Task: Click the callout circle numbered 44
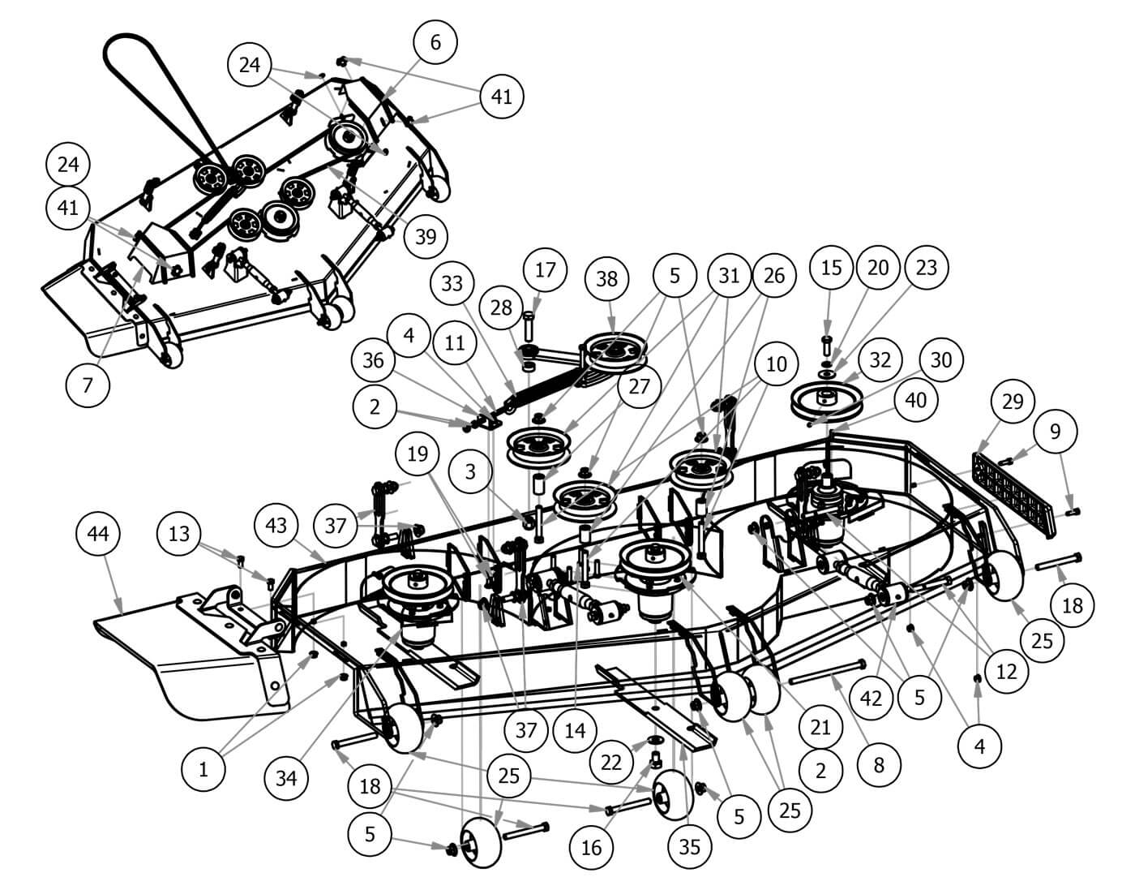[98, 534]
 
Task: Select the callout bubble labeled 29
[1013, 402]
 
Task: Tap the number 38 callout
[606, 278]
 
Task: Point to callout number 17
[546, 269]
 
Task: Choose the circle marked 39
[426, 236]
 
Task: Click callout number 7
[88, 385]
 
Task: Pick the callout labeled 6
[435, 42]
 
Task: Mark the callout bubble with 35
[689, 847]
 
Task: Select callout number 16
[591, 847]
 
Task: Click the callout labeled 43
[276, 525]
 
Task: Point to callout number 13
[179, 533]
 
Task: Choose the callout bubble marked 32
[880, 359]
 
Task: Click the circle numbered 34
[286, 778]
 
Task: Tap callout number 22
[611, 762]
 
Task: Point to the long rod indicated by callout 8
[828, 672]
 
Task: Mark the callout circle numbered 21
[820, 726]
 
